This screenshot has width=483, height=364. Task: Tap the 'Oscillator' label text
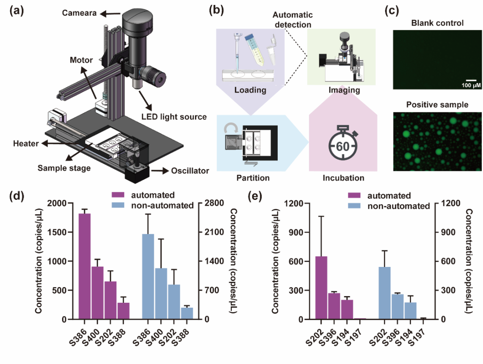click(x=188, y=171)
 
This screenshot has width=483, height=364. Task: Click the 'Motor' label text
click(x=81, y=60)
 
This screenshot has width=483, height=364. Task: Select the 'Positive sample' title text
click(x=437, y=105)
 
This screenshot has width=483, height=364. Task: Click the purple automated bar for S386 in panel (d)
click(x=85, y=267)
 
